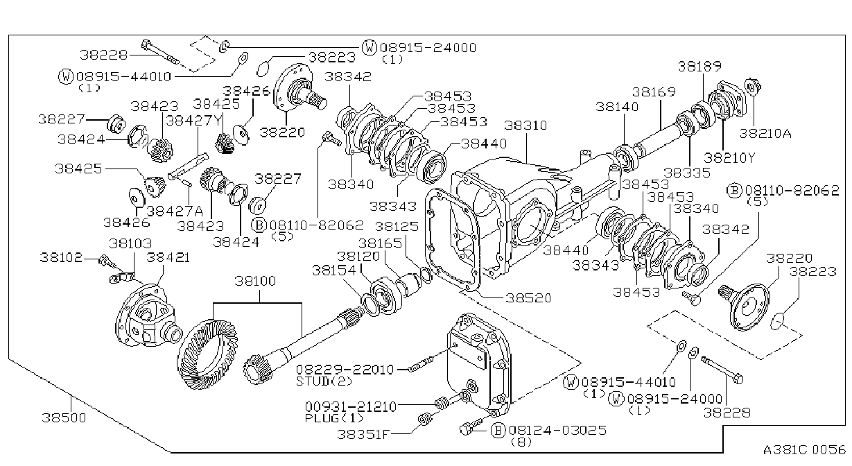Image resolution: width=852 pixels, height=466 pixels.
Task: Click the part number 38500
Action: point(64,417)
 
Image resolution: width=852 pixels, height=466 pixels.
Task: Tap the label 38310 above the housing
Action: point(525,125)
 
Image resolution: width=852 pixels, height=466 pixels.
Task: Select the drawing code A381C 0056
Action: point(804,450)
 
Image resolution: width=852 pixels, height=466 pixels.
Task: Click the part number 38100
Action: point(255,281)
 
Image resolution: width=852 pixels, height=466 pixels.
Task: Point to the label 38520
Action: point(528,298)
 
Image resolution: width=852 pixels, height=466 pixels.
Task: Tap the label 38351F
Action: point(363,434)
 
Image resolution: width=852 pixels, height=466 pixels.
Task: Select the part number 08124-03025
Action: point(557,430)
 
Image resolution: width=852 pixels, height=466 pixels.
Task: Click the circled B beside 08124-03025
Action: point(498,431)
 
